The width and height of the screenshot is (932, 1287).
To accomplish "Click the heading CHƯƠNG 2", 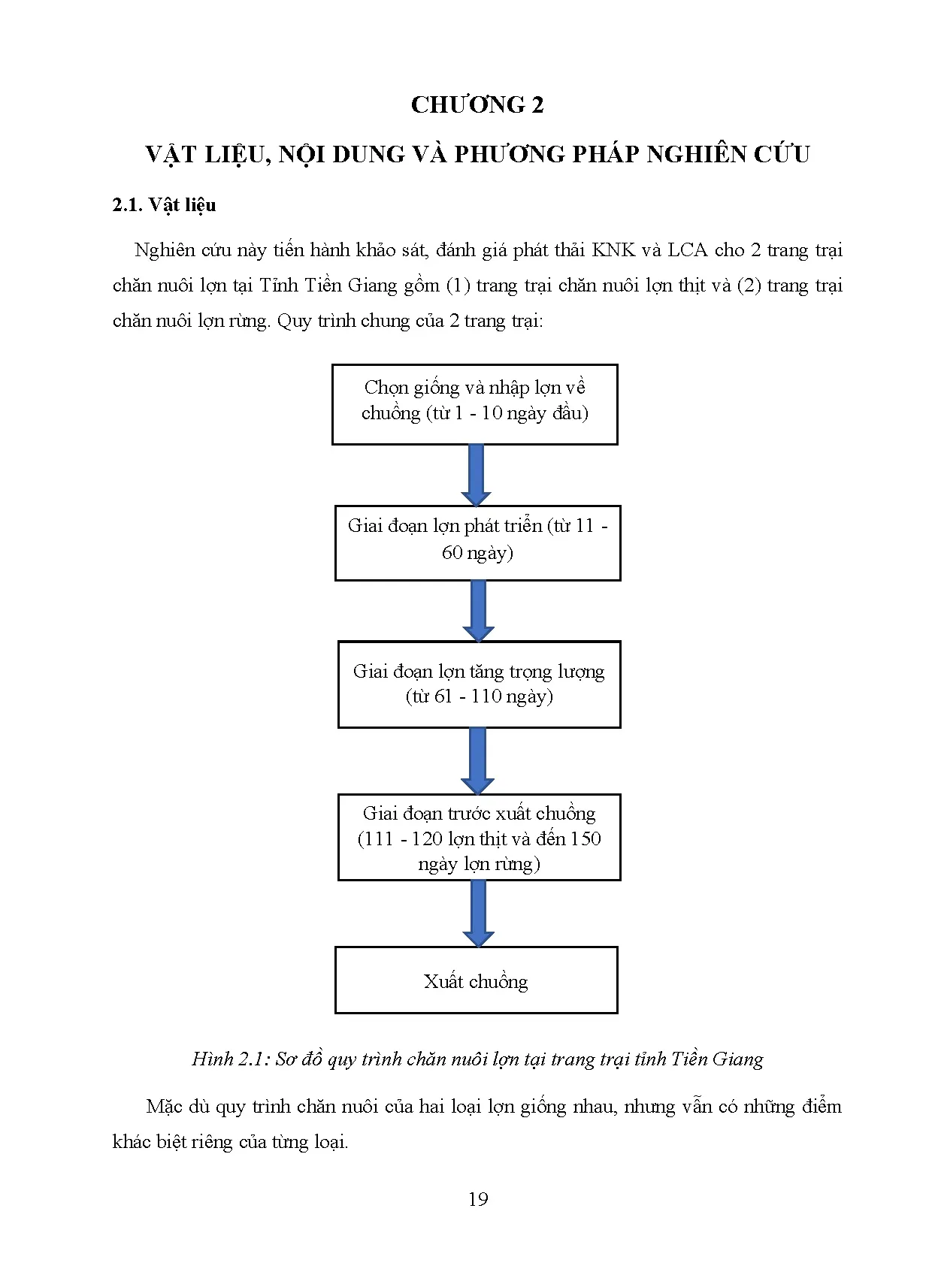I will point(477,104).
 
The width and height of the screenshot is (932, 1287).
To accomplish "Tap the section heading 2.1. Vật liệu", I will point(164,205).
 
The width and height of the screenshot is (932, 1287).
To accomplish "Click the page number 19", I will point(478,1199).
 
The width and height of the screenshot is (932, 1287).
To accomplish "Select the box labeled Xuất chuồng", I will point(476,980).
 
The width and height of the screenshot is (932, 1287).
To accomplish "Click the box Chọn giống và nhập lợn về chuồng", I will point(474,404).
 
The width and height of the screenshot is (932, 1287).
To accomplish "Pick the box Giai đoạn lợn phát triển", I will point(477,542).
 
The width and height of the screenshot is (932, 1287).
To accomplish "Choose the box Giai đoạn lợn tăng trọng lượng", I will point(479,684).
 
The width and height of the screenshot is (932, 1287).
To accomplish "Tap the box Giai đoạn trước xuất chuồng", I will point(479,837).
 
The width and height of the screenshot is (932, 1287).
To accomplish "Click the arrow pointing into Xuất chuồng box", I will point(478,913).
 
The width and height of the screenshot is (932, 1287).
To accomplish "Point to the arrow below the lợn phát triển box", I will point(478,610).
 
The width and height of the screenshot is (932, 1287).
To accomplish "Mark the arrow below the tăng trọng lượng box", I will point(478,760).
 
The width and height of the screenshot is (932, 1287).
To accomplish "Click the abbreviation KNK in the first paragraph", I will point(613,250).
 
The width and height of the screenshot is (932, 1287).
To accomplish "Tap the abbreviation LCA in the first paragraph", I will point(687,250).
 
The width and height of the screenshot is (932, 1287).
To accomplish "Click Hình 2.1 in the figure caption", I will point(230,1059).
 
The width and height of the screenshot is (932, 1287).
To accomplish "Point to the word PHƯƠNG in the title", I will point(508,154).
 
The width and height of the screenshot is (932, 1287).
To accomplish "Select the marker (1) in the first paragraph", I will point(458,285).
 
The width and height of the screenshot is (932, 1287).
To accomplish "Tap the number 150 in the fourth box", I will point(585,838).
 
